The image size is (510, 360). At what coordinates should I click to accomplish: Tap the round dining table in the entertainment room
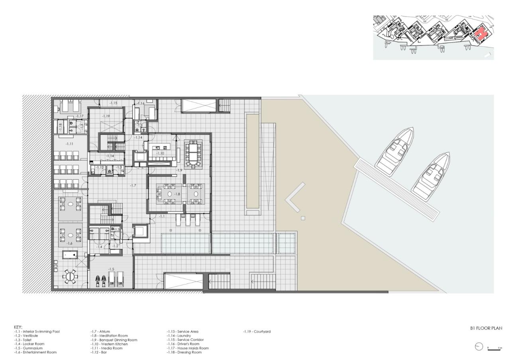tap(71, 276)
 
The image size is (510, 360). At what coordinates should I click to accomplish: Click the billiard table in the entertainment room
tap(71, 255)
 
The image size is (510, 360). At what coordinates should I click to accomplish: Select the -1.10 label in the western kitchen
tap(160, 153)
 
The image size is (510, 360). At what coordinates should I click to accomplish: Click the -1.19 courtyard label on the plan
tap(106, 116)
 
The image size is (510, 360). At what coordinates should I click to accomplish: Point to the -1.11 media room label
tap(69, 143)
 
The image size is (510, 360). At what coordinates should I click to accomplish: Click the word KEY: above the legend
tap(18, 327)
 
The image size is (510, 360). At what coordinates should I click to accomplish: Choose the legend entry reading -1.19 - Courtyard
tap(257, 331)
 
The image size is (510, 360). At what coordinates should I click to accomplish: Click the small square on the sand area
tap(303, 218)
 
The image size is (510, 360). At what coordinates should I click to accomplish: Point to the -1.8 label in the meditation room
tap(178, 194)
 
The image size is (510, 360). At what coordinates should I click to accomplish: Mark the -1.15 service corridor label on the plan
tap(113, 103)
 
